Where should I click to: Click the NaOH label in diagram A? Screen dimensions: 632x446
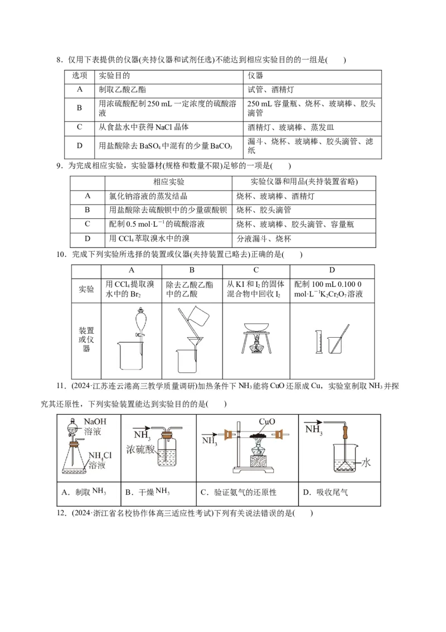pos(95,422)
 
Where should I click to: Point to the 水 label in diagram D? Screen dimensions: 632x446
pos(366,463)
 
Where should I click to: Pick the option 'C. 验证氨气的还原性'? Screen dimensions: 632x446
pos(238,492)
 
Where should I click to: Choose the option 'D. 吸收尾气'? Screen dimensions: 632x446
pos(325,492)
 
